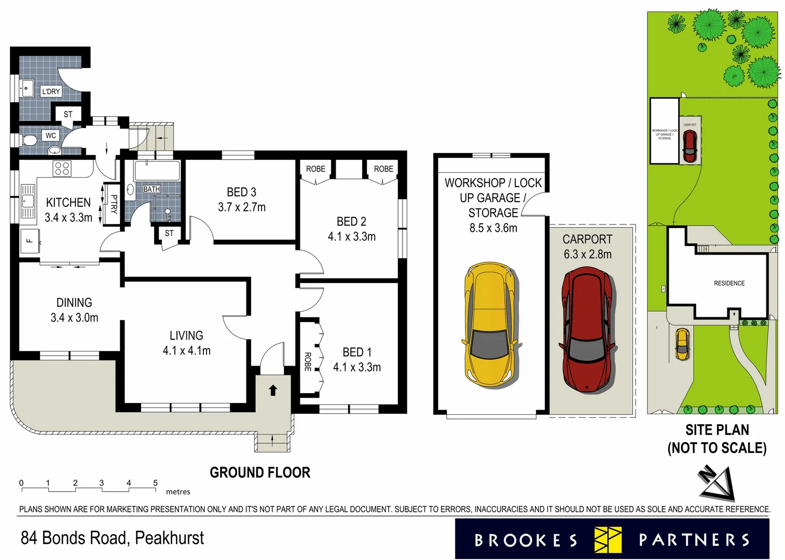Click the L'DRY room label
[x=51, y=92]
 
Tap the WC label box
[x=50, y=136]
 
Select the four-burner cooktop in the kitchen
[x=62, y=169]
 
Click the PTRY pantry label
[x=113, y=204]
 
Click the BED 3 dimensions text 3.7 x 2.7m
[x=241, y=207]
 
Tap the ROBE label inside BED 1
[x=308, y=361]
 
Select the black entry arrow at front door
[x=273, y=390]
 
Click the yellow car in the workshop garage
[x=489, y=325]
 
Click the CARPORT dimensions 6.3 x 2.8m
[x=587, y=255]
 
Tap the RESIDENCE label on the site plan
[x=729, y=283]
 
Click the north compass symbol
[x=718, y=482]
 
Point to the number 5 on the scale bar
[x=155, y=483]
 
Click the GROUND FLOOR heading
[x=260, y=472]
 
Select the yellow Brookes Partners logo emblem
[x=608, y=540]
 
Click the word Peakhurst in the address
[x=170, y=538]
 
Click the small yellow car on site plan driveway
[x=682, y=345]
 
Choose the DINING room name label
[x=74, y=303]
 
